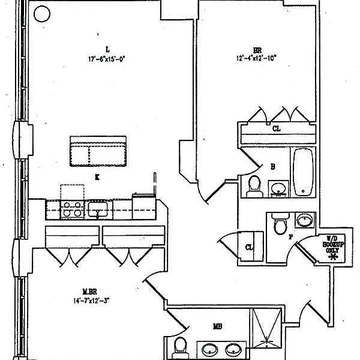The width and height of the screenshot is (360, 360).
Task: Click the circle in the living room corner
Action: (41, 14)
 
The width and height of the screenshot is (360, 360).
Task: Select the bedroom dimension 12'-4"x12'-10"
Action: (257, 59)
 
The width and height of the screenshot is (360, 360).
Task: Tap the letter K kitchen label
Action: (97, 177)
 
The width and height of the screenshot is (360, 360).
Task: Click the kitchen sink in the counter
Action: (97, 209)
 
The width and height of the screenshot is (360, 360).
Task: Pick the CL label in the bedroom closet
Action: (276, 128)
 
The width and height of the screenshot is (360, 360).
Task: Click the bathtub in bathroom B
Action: (302, 172)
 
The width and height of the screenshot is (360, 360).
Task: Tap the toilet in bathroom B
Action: (254, 185)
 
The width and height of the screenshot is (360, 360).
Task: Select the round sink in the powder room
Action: (305, 220)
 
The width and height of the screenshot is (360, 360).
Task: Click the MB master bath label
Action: (217, 327)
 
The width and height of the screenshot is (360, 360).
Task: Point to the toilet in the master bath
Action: (179, 347)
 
